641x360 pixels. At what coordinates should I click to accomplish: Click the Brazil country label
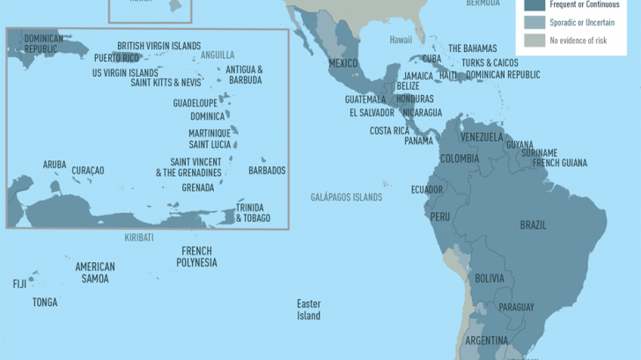533,225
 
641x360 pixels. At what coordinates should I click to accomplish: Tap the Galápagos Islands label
346,197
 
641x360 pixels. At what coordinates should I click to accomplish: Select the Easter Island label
308,309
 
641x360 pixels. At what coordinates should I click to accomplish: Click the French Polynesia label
196,256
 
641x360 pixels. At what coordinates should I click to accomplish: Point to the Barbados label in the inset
267,171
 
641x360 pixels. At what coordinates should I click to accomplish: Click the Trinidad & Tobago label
253,213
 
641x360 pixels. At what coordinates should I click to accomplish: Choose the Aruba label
55,165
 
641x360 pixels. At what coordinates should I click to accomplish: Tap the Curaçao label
88,171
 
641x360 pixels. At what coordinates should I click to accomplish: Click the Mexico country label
343,63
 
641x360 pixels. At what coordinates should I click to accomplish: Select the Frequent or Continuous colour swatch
534,4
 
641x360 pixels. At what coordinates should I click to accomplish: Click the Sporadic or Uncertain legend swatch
534,22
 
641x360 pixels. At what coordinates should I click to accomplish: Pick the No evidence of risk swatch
534,40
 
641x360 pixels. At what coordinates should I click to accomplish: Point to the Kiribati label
139,238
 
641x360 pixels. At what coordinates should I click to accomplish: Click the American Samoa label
94,272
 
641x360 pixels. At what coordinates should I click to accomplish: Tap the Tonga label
45,302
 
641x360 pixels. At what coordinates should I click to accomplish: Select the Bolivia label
490,278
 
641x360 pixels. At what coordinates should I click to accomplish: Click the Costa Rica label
388,131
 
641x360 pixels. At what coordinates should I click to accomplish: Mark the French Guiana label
558,163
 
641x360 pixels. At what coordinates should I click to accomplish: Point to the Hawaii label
401,40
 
